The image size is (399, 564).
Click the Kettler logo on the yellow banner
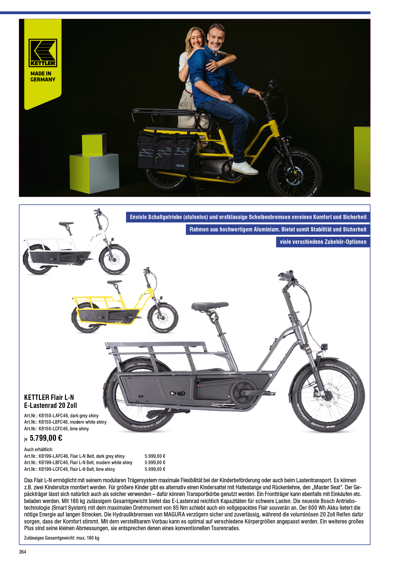[43, 53]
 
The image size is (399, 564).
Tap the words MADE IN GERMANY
[43, 77]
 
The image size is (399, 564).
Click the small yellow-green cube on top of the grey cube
[94, 144]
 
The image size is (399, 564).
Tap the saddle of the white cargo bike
[66, 223]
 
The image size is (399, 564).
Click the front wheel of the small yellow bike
[163, 318]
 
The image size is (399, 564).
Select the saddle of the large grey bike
[210, 306]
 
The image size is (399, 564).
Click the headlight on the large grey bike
[324, 347]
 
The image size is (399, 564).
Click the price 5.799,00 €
[46, 438]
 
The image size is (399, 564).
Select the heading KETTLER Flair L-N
[49, 397]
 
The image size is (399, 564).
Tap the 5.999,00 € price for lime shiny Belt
[155, 469]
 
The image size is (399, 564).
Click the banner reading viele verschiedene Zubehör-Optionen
[323, 242]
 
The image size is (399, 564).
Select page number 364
[22, 552]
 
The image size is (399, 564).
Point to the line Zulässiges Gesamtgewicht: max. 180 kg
[62, 538]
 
